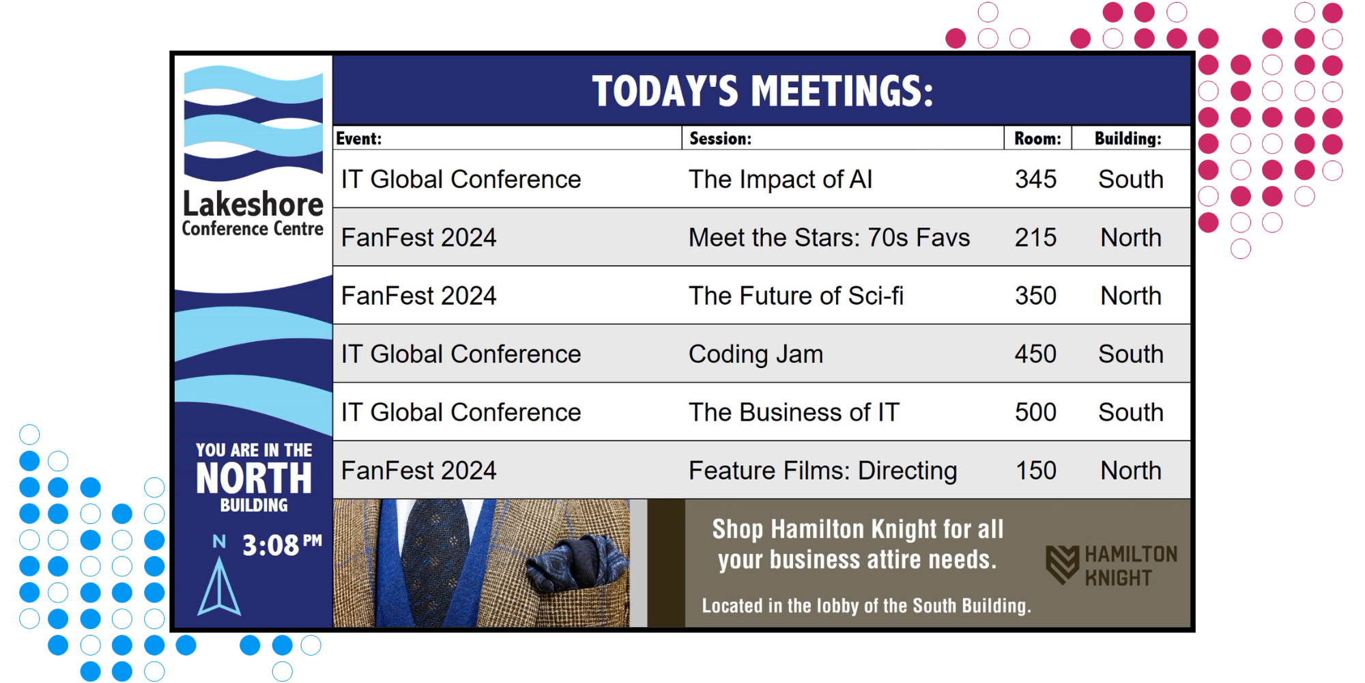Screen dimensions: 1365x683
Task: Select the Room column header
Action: (1037, 139)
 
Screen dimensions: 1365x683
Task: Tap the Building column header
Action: (1127, 139)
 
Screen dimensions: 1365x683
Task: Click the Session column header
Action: (720, 139)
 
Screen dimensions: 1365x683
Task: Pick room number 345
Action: (1035, 179)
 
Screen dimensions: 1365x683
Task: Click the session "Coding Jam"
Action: (756, 354)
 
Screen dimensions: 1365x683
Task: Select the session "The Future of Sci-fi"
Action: (796, 296)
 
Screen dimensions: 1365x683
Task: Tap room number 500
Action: (1035, 413)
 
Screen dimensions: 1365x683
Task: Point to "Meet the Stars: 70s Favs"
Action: (829, 238)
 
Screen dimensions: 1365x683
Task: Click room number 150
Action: (1035, 471)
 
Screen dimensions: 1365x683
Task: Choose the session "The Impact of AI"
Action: (781, 179)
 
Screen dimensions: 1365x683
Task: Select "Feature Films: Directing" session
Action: (823, 471)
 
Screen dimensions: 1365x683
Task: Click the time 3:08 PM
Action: (282, 545)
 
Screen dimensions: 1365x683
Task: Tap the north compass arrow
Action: (219, 586)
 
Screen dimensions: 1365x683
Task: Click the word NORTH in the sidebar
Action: (254, 478)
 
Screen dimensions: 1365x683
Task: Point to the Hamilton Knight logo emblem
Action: (1063, 564)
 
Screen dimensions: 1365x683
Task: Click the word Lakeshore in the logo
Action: (253, 204)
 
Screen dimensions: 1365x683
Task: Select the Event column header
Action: (358, 139)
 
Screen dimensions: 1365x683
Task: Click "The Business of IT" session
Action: (794, 413)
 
